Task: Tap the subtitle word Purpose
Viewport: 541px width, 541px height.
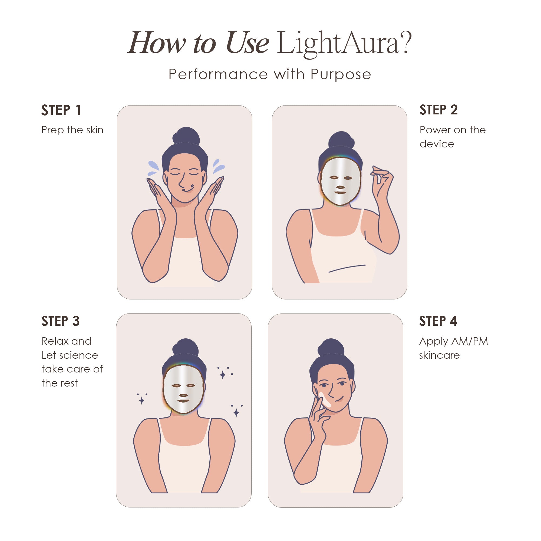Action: click(341, 75)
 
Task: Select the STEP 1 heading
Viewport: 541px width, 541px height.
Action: click(61, 110)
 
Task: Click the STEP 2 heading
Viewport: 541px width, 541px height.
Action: click(438, 110)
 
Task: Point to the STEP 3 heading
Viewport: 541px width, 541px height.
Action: click(61, 321)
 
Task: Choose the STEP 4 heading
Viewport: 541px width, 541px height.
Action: click(438, 321)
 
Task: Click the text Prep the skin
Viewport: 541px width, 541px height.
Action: click(72, 130)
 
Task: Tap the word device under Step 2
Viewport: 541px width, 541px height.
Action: click(437, 144)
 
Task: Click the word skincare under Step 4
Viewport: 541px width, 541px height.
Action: click(439, 355)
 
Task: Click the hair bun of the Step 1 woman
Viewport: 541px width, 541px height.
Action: click(186, 136)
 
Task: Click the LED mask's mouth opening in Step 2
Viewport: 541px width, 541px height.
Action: click(340, 193)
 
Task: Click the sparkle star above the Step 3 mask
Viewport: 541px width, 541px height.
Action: click(223, 375)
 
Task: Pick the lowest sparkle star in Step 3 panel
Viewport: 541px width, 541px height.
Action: click(236, 413)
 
